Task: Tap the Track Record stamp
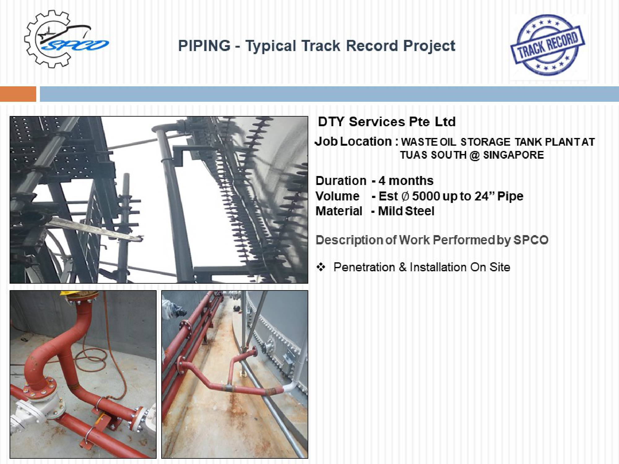pyautogui.click(x=547, y=45)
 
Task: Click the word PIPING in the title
pyautogui.click(x=204, y=46)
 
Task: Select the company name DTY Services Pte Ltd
pyautogui.click(x=387, y=122)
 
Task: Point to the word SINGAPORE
pyautogui.click(x=513, y=155)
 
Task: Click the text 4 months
pyautogui.click(x=406, y=181)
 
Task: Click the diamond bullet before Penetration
pyautogui.click(x=321, y=267)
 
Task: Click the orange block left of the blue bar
pyautogui.click(x=18, y=94)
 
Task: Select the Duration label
pyautogui.click(x=341, y=181)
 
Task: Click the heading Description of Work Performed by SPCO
pyautogui.click(x=432, y=240)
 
